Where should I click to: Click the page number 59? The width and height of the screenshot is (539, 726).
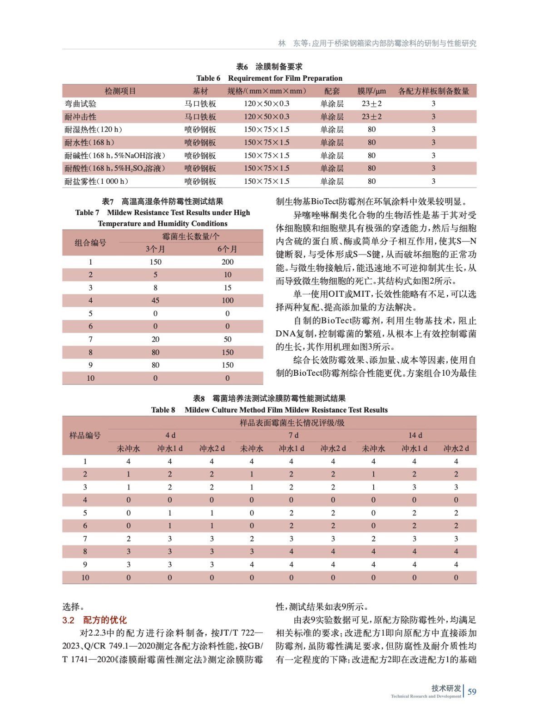472,692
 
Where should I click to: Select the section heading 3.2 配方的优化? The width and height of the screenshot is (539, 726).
94,620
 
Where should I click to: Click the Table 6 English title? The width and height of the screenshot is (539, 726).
269,78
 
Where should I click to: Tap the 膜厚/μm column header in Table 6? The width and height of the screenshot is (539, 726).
371,91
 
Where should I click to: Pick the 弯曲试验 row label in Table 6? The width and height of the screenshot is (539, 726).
80,104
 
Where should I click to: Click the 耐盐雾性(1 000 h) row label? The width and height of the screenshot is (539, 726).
96,181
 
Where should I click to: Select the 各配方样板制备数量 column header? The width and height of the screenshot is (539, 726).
433,91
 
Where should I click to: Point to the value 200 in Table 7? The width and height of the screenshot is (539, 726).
227,262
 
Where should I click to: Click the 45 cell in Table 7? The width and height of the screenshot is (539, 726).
155,300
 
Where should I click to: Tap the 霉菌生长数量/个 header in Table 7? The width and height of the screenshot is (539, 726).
191,236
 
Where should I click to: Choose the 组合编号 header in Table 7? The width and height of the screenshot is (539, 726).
90,243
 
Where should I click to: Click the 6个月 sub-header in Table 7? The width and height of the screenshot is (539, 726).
227,249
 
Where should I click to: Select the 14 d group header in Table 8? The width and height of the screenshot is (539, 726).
415,435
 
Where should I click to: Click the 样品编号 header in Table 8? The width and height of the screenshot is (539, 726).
85,436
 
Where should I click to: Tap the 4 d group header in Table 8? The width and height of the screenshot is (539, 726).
170,435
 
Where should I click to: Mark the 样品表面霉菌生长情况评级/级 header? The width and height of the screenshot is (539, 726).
292,423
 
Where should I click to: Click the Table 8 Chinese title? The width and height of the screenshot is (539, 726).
269,398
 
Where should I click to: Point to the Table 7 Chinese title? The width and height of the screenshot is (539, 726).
163,201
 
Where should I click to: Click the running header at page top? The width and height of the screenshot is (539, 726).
377,44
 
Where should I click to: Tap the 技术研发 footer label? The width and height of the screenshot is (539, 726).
446,688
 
